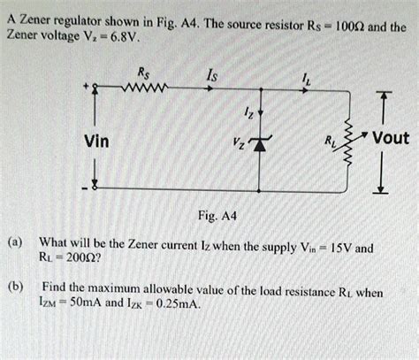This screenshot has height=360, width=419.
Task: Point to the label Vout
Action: [x=390, y=138]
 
